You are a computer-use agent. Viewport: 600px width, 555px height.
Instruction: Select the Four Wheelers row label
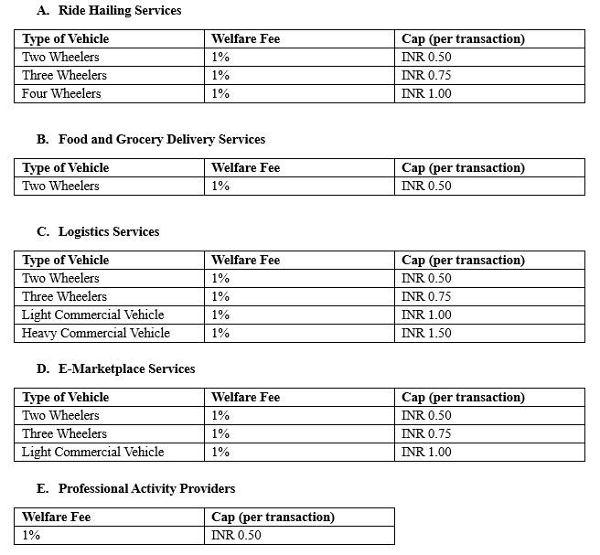click(x=61, y=94)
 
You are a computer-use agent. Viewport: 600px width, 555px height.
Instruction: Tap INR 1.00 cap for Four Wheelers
click(x=426, y=94)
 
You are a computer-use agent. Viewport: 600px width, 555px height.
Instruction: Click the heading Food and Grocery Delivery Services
click(x=161, y=140)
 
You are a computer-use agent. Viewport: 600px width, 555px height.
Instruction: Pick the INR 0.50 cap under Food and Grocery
click(x=426, y=187)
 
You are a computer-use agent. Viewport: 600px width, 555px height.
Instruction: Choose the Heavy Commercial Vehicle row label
click(x=96, y=334)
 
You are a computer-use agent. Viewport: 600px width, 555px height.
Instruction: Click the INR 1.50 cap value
click(x=426, y=334)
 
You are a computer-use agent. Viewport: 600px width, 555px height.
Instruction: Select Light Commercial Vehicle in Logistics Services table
click(x=93, y=315)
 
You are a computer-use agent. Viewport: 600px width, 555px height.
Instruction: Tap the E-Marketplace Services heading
click(x=126, y=369)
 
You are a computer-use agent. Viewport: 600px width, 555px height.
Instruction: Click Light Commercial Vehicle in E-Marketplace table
click(x=93, y=453)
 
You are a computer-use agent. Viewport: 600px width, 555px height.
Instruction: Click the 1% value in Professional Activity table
click(x=31, y=536)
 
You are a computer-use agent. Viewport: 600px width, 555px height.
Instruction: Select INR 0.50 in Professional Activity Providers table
click(x=236, y=536)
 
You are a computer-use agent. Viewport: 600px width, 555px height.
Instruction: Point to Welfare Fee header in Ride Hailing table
click(x=245, y=39)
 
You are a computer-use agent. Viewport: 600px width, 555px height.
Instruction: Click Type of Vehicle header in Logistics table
click(x=65, y=261)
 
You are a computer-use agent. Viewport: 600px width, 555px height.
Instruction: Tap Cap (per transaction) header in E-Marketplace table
click(x=463, y=398)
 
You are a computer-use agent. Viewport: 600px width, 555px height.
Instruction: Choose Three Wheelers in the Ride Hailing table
click(x=64, y=76)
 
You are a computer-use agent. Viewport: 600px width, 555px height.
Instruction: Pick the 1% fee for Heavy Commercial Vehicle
click(x=220, y=334)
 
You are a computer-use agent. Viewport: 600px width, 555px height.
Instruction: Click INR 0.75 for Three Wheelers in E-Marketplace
click(x=426, y=434)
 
